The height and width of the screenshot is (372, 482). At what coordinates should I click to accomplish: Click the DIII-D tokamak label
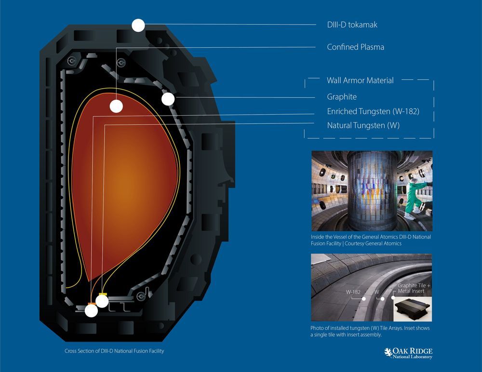click(x=352, y=25)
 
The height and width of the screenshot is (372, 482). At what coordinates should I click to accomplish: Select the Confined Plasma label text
click(x=355, y=47)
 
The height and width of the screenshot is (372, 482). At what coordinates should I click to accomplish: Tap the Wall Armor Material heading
click(x=360, y=80)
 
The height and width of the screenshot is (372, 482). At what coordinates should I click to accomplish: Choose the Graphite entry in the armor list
click(x=342, y=97)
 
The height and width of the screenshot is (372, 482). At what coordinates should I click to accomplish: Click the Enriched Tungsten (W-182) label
click(x=373, y=111)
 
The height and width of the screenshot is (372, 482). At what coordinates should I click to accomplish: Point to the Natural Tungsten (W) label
click(x=363, y=125)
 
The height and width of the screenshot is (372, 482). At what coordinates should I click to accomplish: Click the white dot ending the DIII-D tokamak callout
click(x=138, y=25)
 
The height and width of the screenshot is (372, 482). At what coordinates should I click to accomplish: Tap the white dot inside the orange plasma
click(x=116, y=106)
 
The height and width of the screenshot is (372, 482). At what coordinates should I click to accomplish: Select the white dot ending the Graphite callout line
click(x=168, y=99)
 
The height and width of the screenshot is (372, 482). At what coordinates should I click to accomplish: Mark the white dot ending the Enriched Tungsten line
click(x=91, y=310)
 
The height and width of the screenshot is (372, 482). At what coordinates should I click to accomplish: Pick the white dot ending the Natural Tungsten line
click(x=102, y=301)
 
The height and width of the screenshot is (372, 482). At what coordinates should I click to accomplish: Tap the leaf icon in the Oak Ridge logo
click(x=388, y=352)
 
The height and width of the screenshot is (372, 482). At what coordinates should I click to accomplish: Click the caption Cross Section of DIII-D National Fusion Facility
click(x=114, y=351)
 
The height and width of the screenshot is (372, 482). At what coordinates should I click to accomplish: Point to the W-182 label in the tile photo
click(x=353, y=292)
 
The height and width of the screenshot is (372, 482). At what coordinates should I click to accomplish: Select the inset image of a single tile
click(x=413, y=309)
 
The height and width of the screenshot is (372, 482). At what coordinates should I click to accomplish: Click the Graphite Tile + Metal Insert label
click(x=414, y=288)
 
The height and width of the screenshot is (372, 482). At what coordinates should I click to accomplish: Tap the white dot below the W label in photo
click(x=382, y=299)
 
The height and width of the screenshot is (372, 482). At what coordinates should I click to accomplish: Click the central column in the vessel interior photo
click(x=372, y=191)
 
